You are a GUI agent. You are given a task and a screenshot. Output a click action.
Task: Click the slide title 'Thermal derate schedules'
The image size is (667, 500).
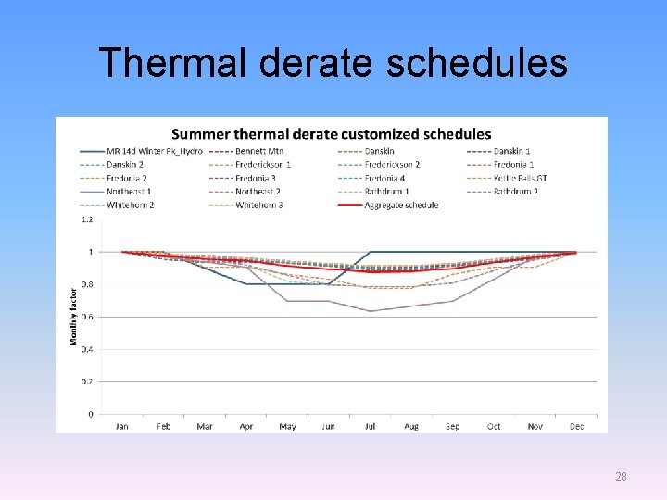click(333, 63)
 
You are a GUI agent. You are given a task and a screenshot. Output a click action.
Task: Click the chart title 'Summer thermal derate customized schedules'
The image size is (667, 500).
click(331, 135)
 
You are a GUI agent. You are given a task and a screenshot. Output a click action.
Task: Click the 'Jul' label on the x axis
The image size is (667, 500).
click(370, 426)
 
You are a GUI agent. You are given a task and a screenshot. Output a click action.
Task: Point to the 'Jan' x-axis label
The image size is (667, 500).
click(121, 426)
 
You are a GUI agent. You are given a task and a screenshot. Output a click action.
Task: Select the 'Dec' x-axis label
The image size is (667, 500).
click(576, 426)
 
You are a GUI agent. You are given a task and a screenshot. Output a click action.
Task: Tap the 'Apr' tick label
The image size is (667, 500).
click(245, 426)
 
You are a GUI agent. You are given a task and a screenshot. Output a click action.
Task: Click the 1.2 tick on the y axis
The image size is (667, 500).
click(87, 219)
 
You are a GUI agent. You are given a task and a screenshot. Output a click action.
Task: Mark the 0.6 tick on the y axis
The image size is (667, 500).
click(87, 317)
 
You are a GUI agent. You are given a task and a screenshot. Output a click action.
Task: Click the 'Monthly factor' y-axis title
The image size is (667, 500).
click(74, 317)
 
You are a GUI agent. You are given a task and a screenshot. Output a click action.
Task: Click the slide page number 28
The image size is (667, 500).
click(621, 477)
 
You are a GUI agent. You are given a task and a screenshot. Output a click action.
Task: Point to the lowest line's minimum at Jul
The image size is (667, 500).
click(370, 311)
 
